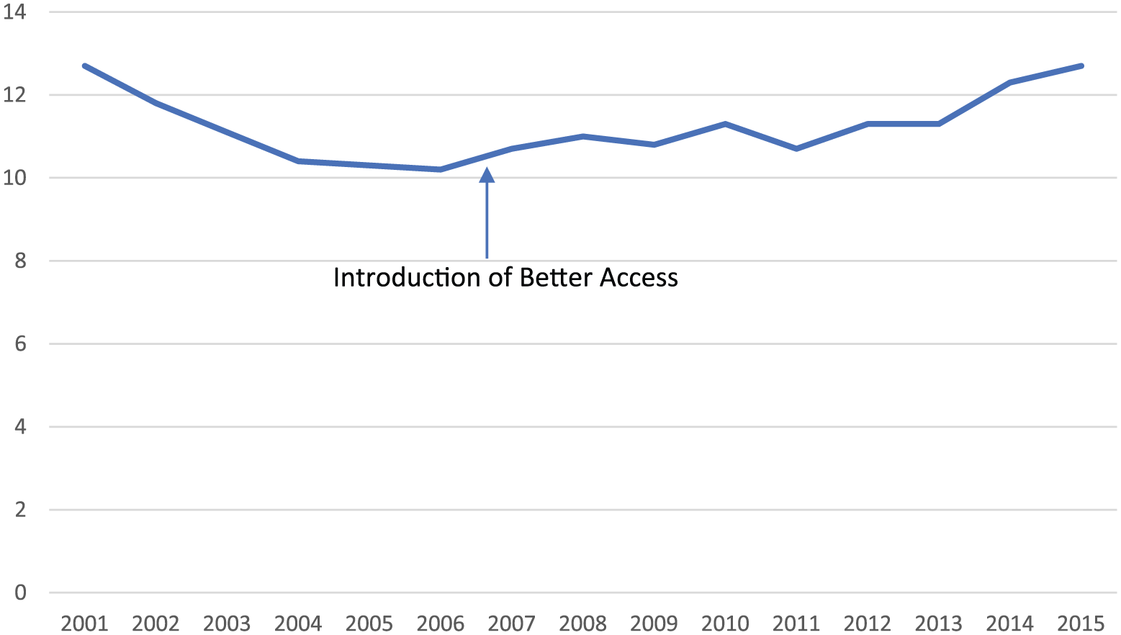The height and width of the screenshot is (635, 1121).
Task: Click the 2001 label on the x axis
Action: [84, 623]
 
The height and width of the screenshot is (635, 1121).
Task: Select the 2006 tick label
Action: [441, 623]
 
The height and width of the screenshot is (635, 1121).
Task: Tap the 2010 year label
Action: [725, 623]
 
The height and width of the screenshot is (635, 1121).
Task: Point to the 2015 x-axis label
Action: [1081, 623]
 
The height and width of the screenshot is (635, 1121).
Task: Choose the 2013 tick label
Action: [939, 623]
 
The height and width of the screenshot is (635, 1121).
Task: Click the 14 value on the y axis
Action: [14, 12]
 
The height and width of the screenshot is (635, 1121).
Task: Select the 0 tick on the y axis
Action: [19, 593]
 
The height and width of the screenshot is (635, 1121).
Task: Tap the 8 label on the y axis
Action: [19, 261]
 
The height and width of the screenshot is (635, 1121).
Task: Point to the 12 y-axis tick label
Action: [14, 95]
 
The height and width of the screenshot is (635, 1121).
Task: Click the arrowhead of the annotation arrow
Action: [487, 175]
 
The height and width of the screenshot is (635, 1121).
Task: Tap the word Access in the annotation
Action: [639, 278]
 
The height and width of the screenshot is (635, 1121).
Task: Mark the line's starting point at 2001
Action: [84, 66]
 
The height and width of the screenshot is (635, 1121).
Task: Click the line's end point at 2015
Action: [1081, 66]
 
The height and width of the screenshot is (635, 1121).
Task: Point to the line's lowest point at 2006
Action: [441, 169]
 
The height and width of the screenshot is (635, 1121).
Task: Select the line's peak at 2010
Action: [725, 124]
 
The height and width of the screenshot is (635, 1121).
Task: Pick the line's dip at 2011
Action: [796, 148]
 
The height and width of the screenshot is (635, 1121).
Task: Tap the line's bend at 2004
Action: [298, 161]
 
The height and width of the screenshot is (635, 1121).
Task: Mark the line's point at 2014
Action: [1010, 82]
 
